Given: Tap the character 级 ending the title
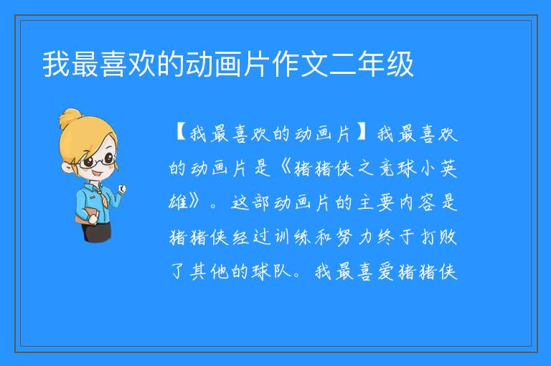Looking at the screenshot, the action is pyautogui.click(x=400, y=64).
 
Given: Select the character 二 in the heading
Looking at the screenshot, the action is pyautogui.click(x=344, y=64).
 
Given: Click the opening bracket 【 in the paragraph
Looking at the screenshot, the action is pyautogui.click(x=181, y=133).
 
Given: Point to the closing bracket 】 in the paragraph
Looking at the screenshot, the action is pyautogui.click(x=362, y=133).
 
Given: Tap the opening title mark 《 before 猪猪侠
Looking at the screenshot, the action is pyautogui.click(x=286, y=168).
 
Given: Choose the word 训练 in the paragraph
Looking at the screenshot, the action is pyautogui.click(x=292, y=237).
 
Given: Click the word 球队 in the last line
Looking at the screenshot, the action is pyautogui.click(x=271, y=271).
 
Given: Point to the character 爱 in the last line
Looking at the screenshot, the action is pyautogui.click(x=386, y=271).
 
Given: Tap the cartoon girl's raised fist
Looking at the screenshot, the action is pyautogui.click(x=121, y=189).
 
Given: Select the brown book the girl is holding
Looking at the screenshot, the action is pyautogui.click(x=85, y=215).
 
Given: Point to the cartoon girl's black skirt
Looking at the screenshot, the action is pyautogui.click(x=95, y=232).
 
